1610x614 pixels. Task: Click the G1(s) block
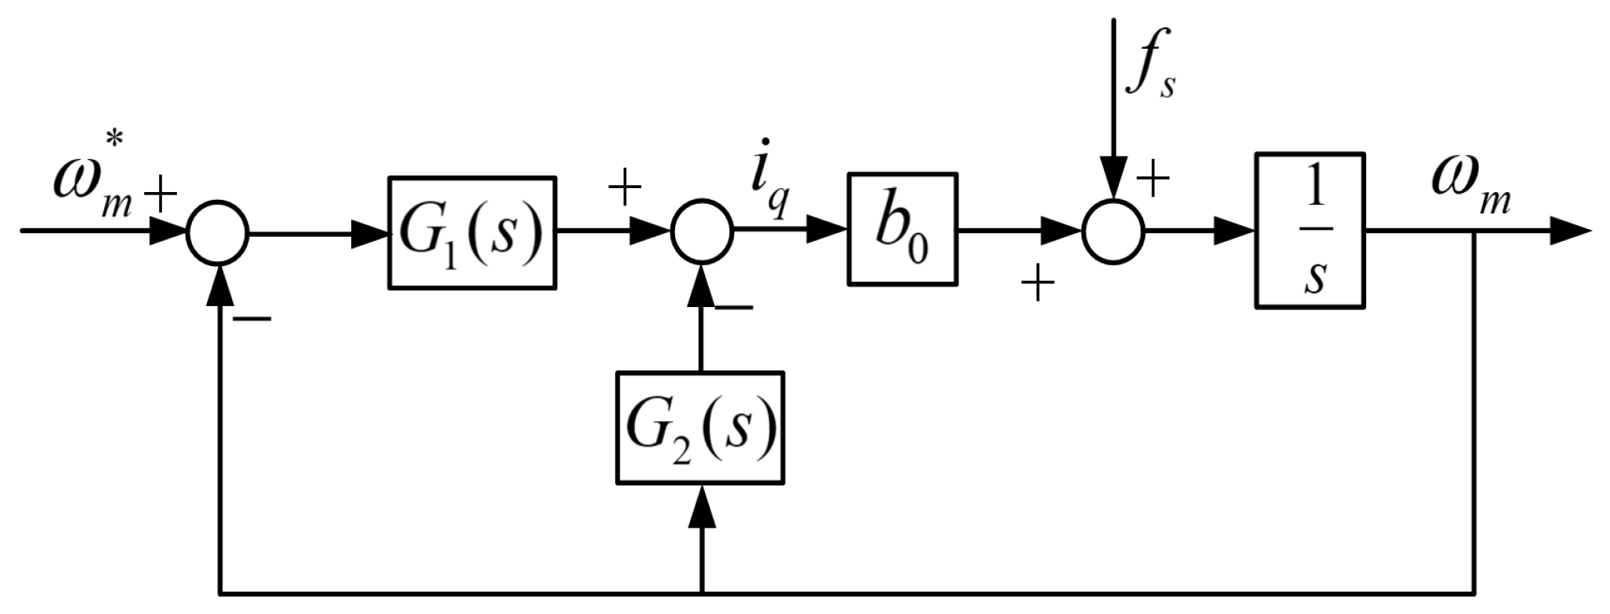click(472, 232)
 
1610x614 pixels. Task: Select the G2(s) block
click(700, 427)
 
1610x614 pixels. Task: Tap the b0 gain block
click(903, 229)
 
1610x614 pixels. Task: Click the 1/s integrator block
click(1309, 230)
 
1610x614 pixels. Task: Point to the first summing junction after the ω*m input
click(218, 232)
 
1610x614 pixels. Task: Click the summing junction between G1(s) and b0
click(701, 232)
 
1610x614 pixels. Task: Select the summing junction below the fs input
click(1113, 232)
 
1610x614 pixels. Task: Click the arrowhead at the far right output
click(1570, 232)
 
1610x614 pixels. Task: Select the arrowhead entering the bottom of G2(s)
click(701, 505)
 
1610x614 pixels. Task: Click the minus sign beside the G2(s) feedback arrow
click(733, 307)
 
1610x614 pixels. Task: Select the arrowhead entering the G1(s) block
click(370, 232)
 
